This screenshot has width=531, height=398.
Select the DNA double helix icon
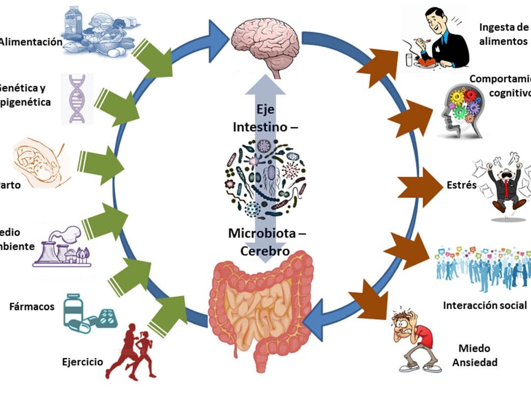77,98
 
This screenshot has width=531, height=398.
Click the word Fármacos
32,307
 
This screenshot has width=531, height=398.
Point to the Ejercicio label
83,362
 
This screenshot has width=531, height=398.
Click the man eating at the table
435,42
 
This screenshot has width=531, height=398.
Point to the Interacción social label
485,305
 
